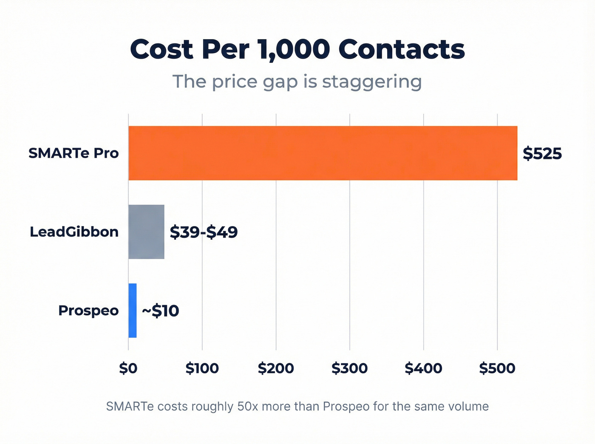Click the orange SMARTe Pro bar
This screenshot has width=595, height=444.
[x=323, y=153]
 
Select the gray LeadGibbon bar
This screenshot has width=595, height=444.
[x=146, y=232]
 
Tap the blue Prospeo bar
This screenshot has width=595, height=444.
[x=133, y=311]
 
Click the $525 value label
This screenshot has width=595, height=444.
[x=542, y=153]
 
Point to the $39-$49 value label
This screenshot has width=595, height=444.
[x=204, y=232]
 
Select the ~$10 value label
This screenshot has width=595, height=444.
[x=160, y=311]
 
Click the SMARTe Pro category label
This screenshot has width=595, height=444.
[x=74, y=153]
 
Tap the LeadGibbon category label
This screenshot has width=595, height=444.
[x=74, y=232]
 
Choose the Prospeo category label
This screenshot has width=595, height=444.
[x=88, y=311]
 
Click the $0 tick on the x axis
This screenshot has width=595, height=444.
[x=128, y=368]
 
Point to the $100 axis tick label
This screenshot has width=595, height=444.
[x=202, y=368]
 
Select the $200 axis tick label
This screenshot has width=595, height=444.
[x=276, y=368]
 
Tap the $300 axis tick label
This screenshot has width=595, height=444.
[x=349, y=368]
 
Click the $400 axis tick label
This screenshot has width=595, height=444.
[x=423, y=368]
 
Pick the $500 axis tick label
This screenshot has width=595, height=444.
[x=497, y=368]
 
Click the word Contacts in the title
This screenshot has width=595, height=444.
[x=402, y=49]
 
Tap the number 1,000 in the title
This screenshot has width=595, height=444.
[x=293, y=50]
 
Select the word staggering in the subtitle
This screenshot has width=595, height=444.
[x=372, y=82]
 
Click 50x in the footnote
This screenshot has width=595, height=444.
[x=248, y=407]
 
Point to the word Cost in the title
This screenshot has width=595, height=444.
[x=162, y=49]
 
